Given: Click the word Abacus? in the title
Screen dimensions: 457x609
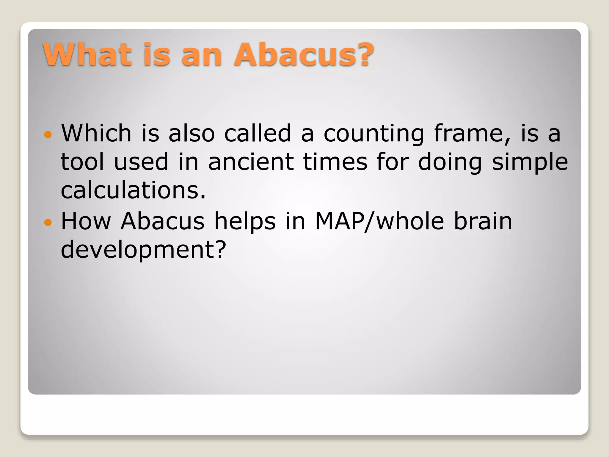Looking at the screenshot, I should [x=304, y=54].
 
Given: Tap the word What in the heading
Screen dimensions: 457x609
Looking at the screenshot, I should [x=87, y=54].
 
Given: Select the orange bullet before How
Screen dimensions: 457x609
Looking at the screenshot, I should [x=48, y=222].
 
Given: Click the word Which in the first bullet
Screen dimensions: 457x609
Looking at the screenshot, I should [x=96, y=134].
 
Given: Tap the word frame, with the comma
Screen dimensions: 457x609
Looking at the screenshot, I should [x=472, y=134].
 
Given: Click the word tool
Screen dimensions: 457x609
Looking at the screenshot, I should [x=82, y=162].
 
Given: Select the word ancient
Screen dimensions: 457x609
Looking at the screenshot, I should [x=251, y=162].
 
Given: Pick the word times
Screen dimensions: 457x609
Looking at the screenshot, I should [x=335, y=162].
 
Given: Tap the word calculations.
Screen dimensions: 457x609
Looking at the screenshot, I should [x=133, y=190].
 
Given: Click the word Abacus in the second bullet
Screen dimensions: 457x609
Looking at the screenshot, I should [x=163, y=221].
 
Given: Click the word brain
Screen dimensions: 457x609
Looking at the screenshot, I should [x=483, y=221].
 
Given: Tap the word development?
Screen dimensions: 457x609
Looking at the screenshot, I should [x=143, y=250].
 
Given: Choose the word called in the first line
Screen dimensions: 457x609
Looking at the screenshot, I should [x=258, y=134].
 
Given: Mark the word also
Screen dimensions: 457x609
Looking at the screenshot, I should [x=192, y=134].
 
